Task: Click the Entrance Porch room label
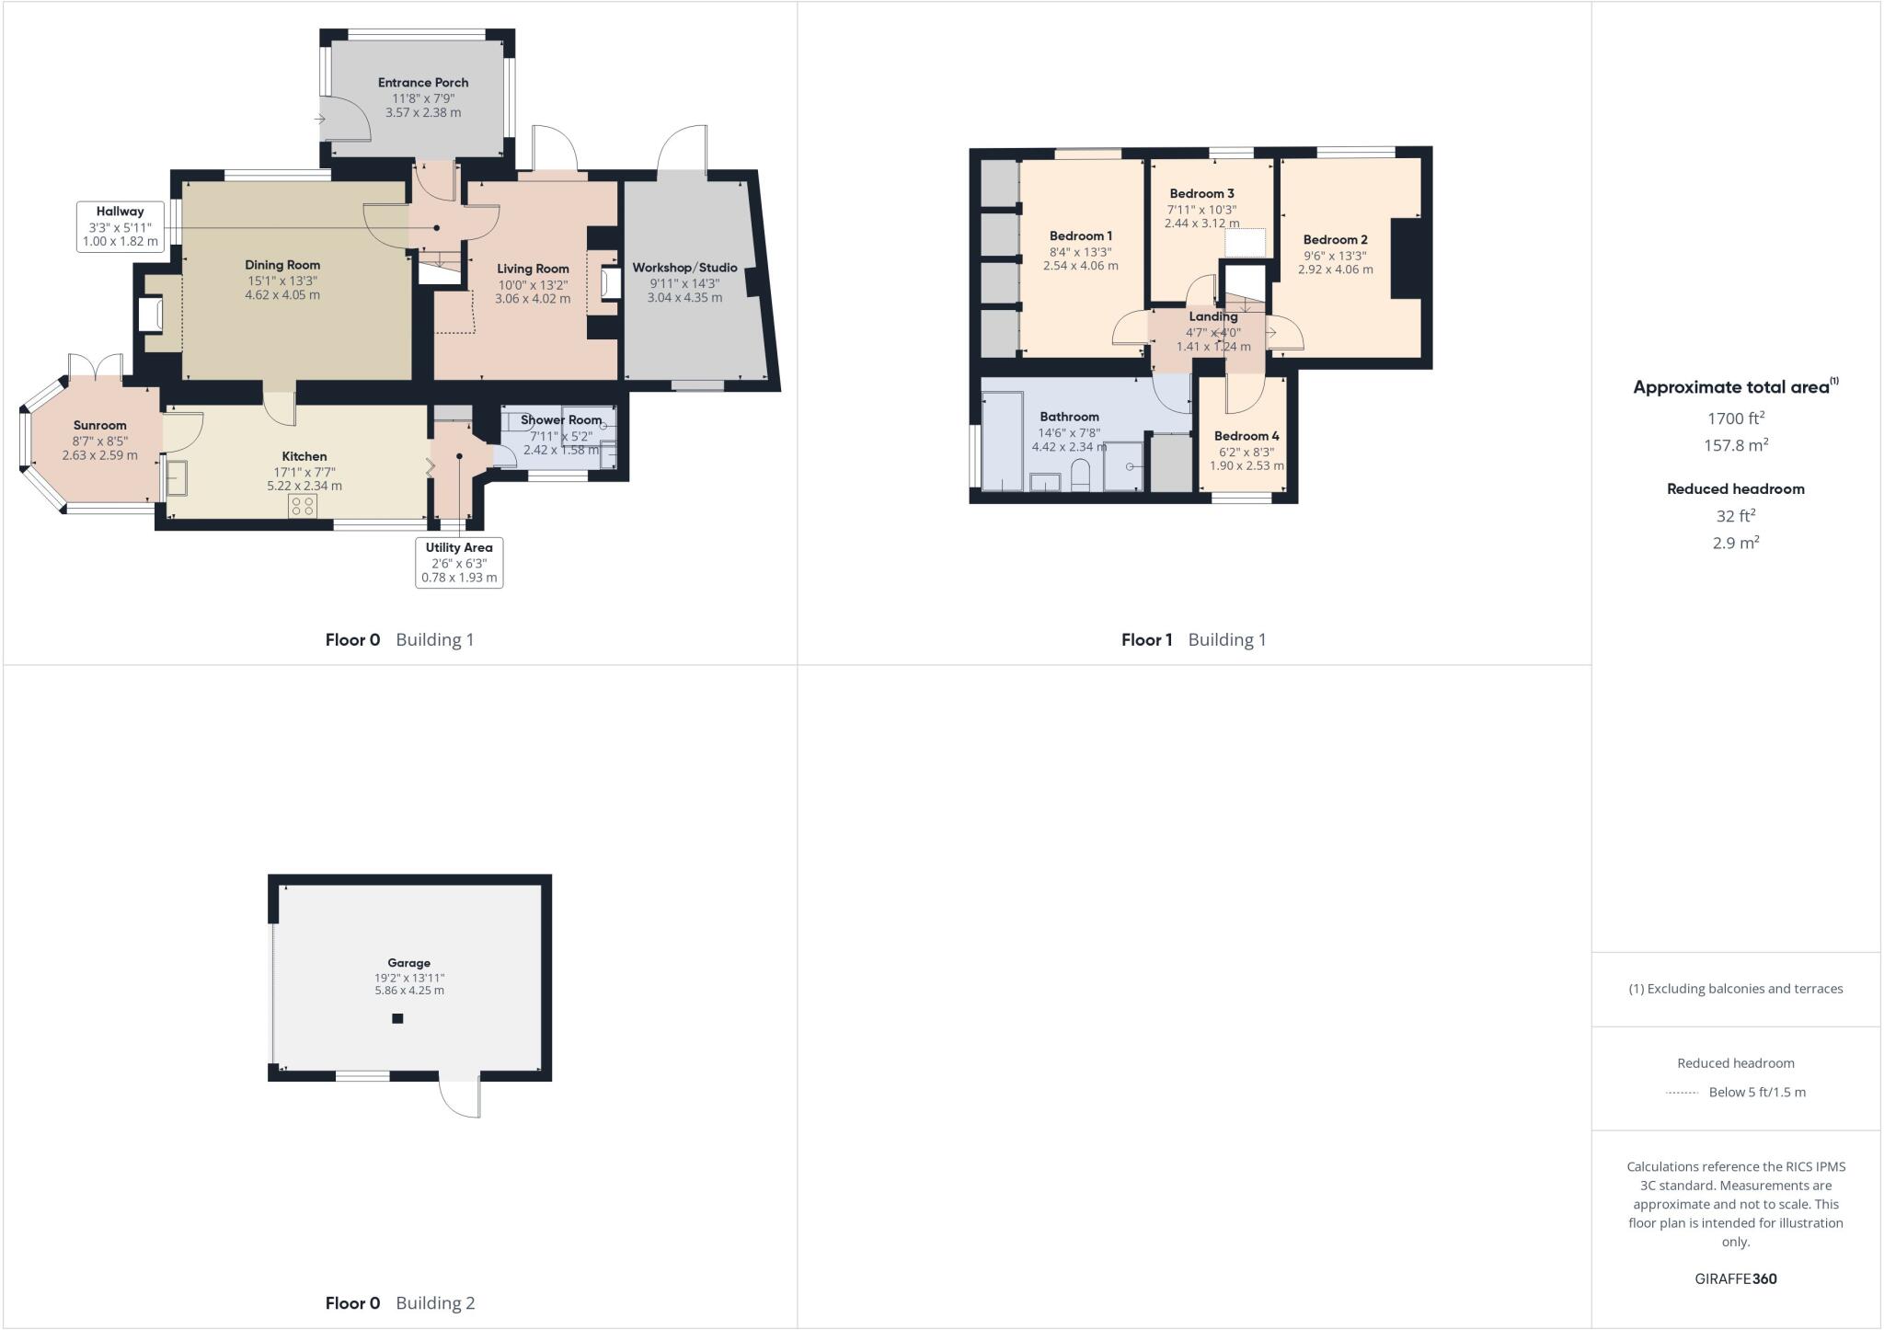423,83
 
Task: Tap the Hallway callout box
121,226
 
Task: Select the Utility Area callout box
459,562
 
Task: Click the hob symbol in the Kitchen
303,505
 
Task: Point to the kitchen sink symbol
177,477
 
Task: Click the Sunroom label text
99,425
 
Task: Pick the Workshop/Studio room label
684,268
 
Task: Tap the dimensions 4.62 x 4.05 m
282,295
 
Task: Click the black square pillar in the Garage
397,1018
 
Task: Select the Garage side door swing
460,1095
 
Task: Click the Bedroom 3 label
1201,193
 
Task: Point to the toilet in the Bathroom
1080,476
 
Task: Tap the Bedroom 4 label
1246,436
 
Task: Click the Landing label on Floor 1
1212,316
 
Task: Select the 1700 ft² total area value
1735,418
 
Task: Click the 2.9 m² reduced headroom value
1735,543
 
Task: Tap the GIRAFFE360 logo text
1735,1278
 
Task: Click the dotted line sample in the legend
1682,1093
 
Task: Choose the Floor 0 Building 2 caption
400,1302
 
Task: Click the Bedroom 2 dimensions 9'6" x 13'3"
1335,256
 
